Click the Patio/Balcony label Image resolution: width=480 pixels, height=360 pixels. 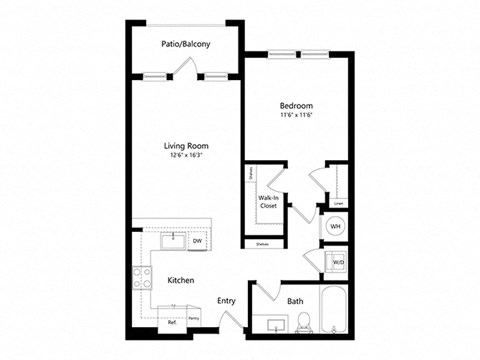coord(183,44)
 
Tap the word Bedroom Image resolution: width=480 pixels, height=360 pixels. coord(297,105)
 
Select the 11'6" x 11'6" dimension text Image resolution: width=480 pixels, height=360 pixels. coord(297,116)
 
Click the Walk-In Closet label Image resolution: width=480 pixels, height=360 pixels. coord(268,202)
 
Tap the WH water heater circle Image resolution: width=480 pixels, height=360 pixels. coord(336,227)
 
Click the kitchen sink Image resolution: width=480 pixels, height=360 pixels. coord(171,240)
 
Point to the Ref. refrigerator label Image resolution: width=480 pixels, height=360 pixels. coord(172,323)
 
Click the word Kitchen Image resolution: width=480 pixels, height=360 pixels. coord(180,281)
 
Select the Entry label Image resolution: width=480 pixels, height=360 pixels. coord(226,300)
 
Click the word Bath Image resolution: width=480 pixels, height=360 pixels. coord(295,300)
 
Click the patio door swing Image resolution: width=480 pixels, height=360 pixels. coord(182,67)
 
